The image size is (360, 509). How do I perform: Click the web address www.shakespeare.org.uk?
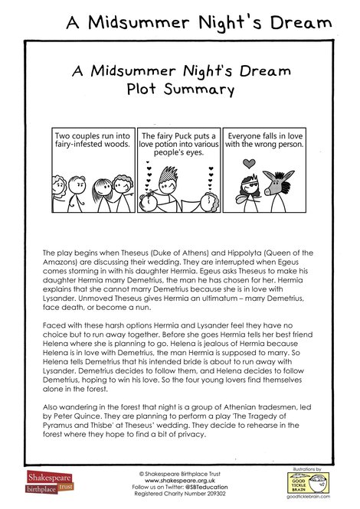pyautogui.click(x=179, y=480)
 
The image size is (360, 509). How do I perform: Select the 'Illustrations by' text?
pyautogui.click(x=309, y=465)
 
